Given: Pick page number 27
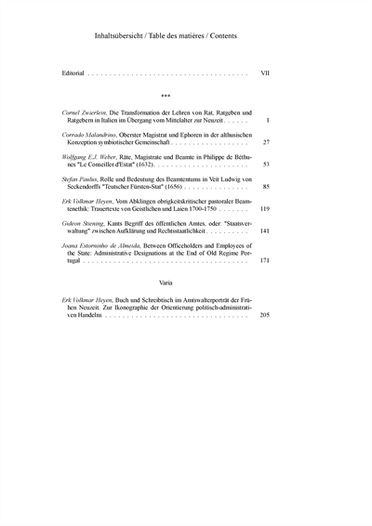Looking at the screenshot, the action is coord(266,143).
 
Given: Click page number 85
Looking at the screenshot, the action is coord(266,187).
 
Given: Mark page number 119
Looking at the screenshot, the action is coord(264,209).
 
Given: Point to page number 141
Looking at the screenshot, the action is coord(264,231).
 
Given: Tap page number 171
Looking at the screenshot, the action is coord(264,262).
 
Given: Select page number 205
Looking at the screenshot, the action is coord(264,315).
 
